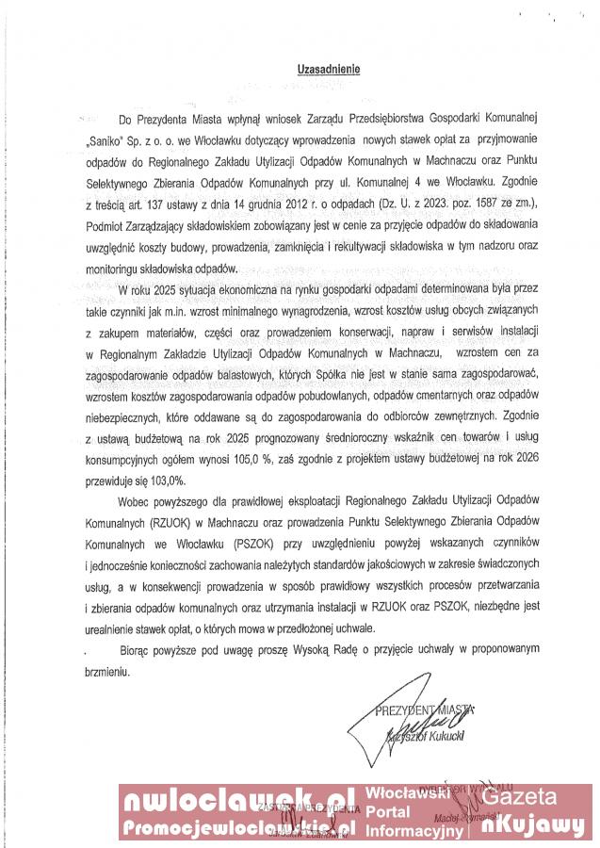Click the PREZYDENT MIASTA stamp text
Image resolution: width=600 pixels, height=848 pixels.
[x=427, y=708]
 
